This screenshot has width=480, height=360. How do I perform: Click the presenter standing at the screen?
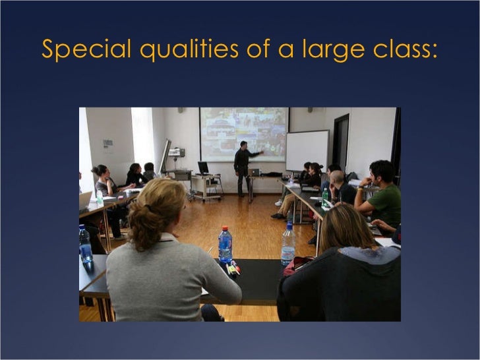click(243, 167)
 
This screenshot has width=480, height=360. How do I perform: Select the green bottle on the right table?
click(325, 196)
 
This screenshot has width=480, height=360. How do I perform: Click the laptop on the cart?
click(203, 168)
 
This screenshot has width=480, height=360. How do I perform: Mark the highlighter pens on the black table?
click(232, 268)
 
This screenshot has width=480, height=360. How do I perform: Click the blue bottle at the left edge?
click(85, 244)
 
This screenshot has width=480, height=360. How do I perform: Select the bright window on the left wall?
click(142, 138)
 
